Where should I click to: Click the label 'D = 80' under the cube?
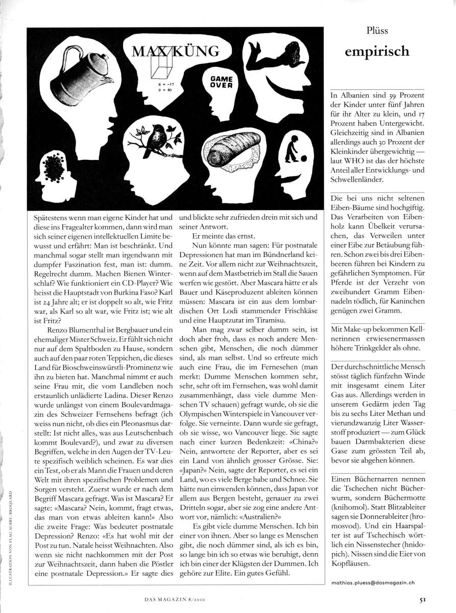click(x=163, y=90)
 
